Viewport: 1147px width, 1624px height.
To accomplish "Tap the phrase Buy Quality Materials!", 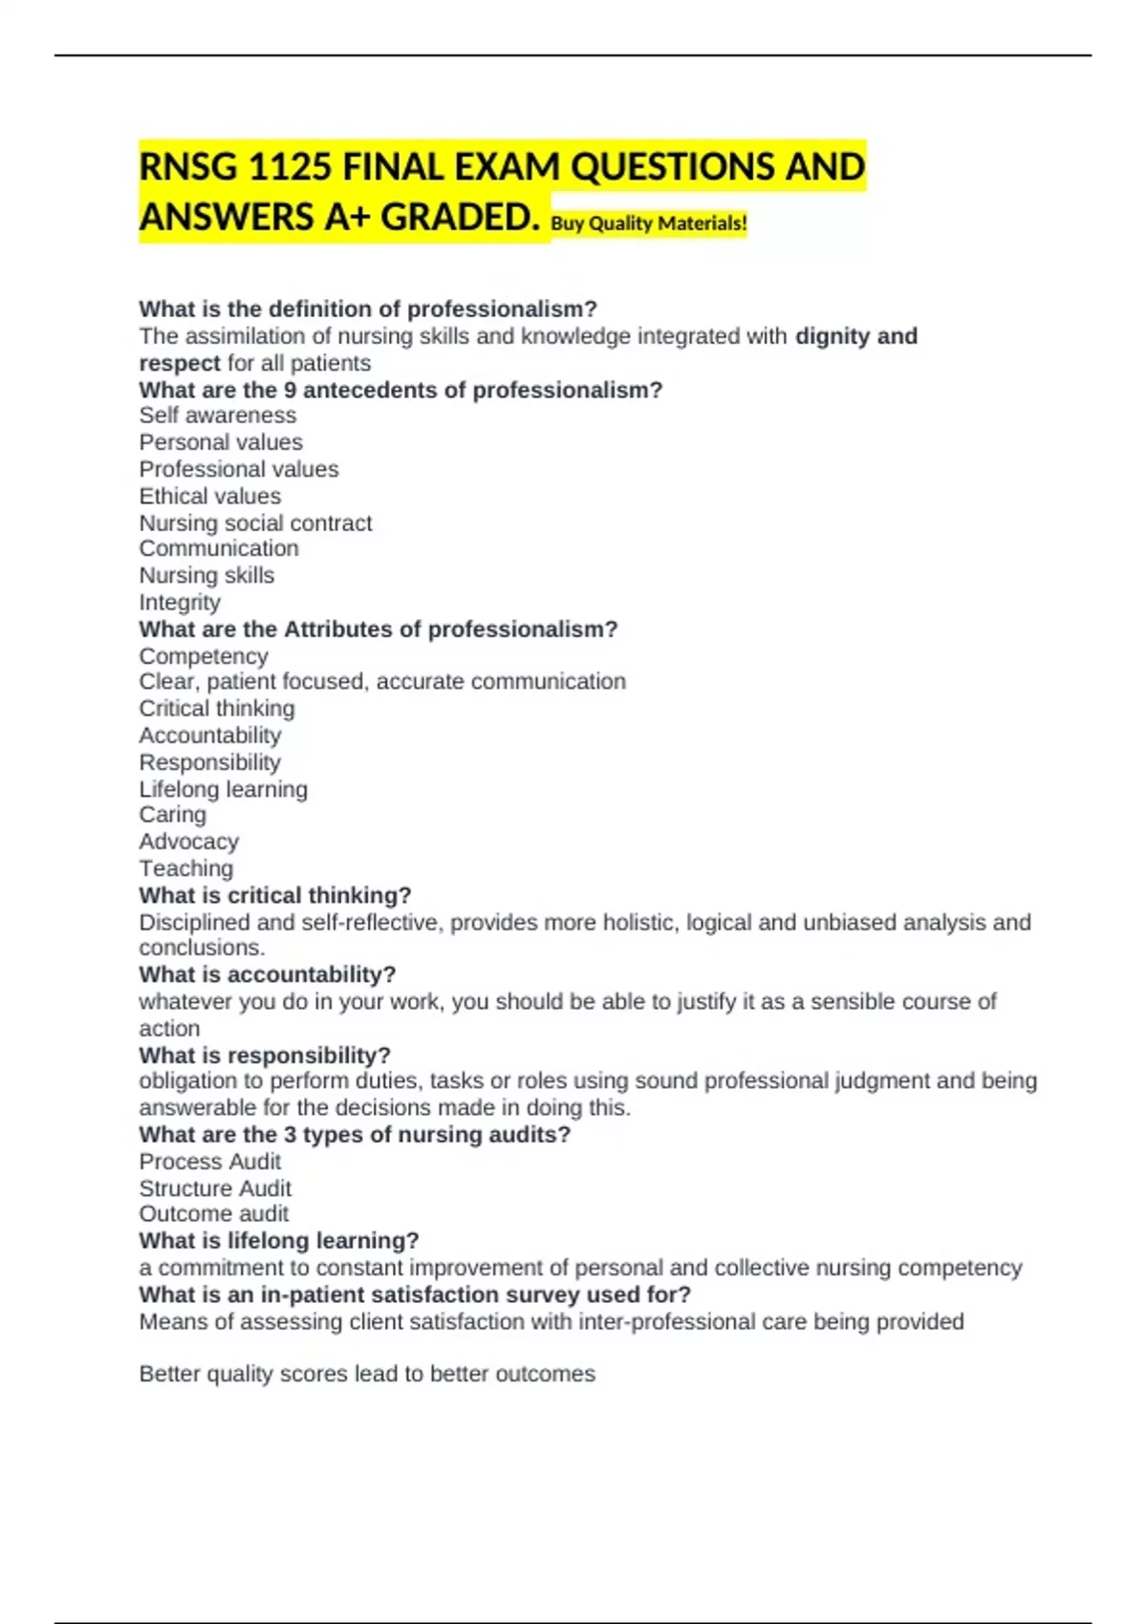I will pos(649,224).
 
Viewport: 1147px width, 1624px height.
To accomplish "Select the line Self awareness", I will pos(218,416).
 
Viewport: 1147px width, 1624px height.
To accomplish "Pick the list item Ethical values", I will pos(210,496).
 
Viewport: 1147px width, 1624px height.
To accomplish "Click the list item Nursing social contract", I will pos(255,523).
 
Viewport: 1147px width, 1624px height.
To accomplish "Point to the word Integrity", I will pos(180,602).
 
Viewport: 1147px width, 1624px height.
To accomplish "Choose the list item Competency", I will pos(204,656).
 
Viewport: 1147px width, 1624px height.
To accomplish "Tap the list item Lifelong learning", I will pos(224,789).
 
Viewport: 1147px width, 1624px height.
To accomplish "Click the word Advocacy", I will pos(189,842).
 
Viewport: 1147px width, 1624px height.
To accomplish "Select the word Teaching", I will pos(186,868).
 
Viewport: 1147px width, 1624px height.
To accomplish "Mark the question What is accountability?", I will pos(268,974).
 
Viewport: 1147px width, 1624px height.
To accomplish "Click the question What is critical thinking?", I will pos(275,895).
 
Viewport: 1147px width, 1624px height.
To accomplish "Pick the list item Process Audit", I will pos(210,1162).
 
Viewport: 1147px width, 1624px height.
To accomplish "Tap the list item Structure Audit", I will pos(215,1188).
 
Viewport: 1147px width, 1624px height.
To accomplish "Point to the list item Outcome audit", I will pos(214,1213).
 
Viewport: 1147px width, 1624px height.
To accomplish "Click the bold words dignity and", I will pos(856,336).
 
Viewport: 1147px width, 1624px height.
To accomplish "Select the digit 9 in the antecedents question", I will pos(290,390).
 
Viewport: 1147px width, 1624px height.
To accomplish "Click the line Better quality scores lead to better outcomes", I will pos(367,1374).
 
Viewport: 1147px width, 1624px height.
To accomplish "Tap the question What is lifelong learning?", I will pos(279,1241).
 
